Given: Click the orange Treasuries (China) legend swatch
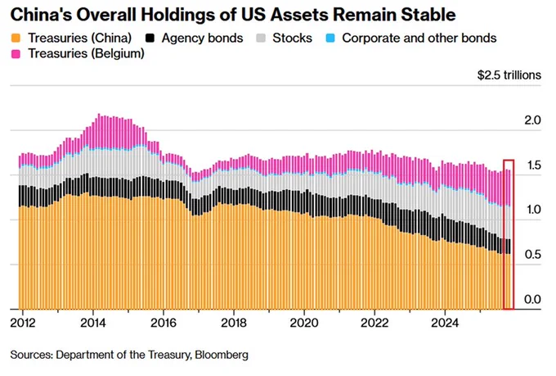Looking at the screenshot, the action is (16, 38).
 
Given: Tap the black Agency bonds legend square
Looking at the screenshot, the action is (150, 38).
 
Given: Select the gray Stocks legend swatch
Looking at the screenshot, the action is (261, 38).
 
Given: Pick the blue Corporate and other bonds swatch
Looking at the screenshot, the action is (330, 38).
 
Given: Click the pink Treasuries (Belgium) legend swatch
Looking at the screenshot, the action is (16, 54).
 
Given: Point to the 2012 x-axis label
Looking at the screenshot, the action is (23, 323).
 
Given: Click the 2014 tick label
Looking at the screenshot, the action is (93, 323).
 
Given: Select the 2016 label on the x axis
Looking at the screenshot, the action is (164, 323).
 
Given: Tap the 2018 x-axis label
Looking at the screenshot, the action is (234, 323).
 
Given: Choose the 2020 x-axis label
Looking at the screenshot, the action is (304, 323).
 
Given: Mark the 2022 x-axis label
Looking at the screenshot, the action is (374, 323).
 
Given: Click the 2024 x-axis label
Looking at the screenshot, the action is (445, 323).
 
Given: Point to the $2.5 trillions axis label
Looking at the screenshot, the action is (509, 75).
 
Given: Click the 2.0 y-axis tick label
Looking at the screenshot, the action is (532, 120).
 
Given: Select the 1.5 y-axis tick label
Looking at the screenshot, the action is (532, 165).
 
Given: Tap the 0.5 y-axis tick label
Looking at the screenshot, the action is (532, 255).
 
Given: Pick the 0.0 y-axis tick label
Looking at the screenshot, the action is (532, 299).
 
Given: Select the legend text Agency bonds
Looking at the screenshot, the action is (202, 39).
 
